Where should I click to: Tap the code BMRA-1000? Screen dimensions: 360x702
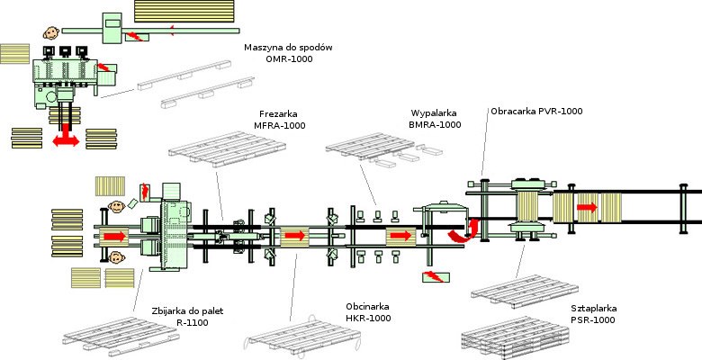click(x=436, y=125)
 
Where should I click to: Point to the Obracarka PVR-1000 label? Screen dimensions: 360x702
click(x=536, y=112)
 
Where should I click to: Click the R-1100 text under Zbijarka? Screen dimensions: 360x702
click(x=186, y=322)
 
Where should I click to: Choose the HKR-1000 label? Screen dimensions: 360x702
click(x=368, y=318)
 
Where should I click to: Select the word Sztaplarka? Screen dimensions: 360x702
click(x=593, y=308)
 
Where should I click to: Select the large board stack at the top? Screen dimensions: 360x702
click(x=183, y=11)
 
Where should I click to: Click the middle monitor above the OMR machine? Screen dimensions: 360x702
click(x=67, y=52)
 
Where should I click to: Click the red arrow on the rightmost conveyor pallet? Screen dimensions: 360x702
click(x=586, y=207)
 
